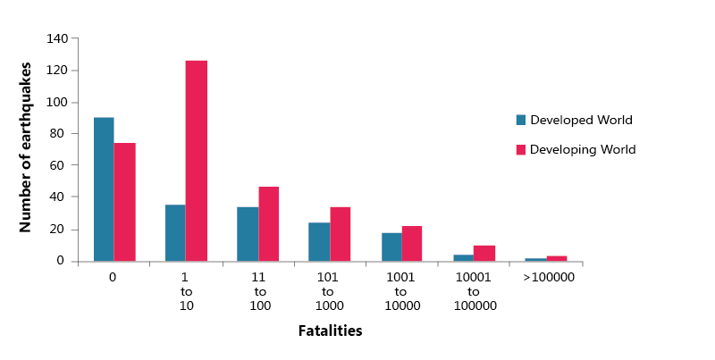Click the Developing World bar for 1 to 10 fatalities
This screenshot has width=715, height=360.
tap(197, 161)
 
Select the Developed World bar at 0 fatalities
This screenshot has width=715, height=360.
tap(104, 189)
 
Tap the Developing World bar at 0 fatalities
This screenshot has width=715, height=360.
tap(125, 202)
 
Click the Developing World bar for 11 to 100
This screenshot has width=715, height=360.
tap(269, 224)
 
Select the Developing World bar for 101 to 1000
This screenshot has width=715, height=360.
tap(341, 235)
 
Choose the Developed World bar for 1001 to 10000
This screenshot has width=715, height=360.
tap(391, 247)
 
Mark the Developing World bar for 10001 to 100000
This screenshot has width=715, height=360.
tap(484, 254)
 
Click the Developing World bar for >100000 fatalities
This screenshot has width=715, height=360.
tap(556, 258)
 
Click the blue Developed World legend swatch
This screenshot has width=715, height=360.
tap(521, 120)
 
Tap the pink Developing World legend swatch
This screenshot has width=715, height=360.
tap(521, 149)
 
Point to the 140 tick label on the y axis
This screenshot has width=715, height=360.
tap(58, 38)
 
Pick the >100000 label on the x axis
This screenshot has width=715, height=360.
tap(548, 278)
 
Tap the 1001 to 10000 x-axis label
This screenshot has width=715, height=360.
tap(400, 291)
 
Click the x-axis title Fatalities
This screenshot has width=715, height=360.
tap(330, 331)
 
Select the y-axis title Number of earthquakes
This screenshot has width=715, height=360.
tap(27, 147)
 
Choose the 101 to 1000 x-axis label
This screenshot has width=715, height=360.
tap(327, 291)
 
